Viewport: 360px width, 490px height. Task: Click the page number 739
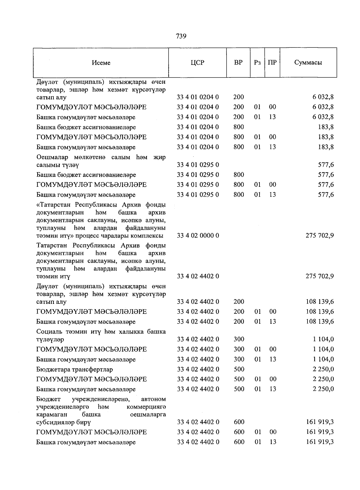pyautogui.click(x=181, y=36)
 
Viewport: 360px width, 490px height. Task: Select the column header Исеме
pyautogui.click(x=101, y=63)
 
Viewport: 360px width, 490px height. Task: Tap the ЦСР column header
pyautogui.click(x=197, y=63)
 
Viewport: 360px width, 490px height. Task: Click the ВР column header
pyautogui.click(x=238, y=63)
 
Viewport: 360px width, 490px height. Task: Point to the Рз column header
pyautogui.click(x=257, y=63)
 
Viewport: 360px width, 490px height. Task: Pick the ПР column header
pyautogui.click(x=272, y=63)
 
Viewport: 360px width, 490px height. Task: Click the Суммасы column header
pyautogui.click(x=308, y=63)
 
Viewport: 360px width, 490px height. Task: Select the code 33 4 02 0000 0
pyautogui.click(x=198, y=235)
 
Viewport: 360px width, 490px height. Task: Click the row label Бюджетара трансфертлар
pyautogui.click(x=75, y=370)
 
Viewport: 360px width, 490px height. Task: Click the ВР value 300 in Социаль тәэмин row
pyautogui.click(x=239, y=339)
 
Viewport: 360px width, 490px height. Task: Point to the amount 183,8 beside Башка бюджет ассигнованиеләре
pyautogui.click(x=326, y=127)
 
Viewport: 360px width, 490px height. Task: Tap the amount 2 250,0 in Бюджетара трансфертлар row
pyautogui.click(x=323, y=369)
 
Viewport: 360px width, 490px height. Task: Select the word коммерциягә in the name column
pyautogui.click(x=146, y=407)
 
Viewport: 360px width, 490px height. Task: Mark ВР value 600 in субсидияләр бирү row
pyautogui.click(x=239, y=422)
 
